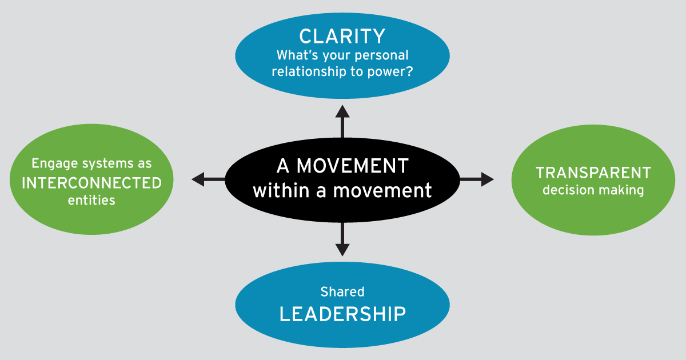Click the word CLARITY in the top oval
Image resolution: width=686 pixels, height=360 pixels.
click(x=342, y=37)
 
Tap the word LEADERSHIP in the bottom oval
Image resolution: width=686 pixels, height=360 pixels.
click(x=342, y=314)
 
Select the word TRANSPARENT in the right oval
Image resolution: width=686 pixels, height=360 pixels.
click(x=593, y=173)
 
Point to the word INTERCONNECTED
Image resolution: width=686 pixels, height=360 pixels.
click(x=91, y=183)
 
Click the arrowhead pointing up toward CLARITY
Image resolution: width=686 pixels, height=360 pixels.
click(x=342, y=111)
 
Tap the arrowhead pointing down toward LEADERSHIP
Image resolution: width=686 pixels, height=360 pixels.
click(x=342, y=249)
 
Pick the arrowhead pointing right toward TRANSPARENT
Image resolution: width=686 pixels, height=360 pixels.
click(x=487, y=179)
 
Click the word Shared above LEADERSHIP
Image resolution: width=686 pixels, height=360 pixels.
click(x=342, y=292)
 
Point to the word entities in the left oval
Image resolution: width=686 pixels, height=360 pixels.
click(x=91, y=201)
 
